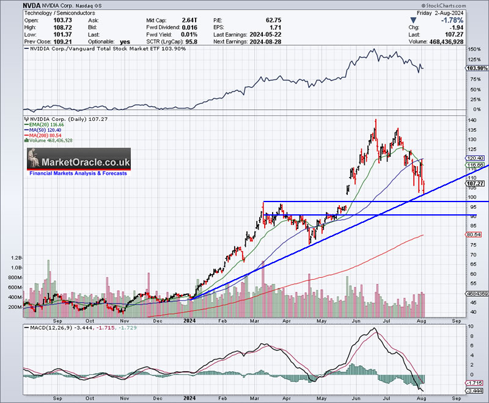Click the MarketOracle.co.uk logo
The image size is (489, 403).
point(78,162)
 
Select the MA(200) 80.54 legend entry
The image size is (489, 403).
point(46,134)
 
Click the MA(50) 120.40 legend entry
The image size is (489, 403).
point(45,129)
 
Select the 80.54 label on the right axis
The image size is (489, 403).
point(475,234)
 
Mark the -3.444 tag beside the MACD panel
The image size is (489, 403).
point(476,390)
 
